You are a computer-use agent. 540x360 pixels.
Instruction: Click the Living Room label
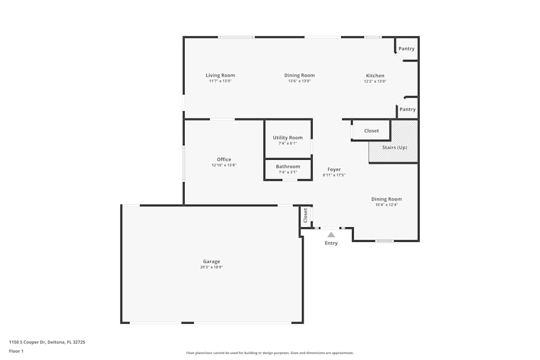[220, 76]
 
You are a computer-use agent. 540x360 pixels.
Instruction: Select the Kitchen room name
[375, 76]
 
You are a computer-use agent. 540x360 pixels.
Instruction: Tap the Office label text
[224, 159]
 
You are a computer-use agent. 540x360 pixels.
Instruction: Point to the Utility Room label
[288, 138]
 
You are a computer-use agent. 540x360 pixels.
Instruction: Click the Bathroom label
[288, 167]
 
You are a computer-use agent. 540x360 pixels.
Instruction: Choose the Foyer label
[334, 169]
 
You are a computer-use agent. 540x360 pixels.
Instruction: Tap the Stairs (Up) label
[394, 147]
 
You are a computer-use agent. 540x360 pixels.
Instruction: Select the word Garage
[212, 262]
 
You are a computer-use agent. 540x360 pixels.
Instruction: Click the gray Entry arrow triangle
[331, 235]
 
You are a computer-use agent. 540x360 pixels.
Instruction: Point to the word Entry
[331, 243]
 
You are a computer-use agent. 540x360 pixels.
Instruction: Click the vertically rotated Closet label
[306, 215]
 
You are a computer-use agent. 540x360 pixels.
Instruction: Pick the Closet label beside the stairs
[372, 131]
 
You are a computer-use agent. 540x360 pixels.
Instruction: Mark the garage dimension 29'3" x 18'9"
[212, 267]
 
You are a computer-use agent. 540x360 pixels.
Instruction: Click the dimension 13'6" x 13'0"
[300, 81]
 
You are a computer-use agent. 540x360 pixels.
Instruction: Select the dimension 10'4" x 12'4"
[387, 205]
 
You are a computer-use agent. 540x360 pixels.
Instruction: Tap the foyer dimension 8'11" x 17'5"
[334, 175]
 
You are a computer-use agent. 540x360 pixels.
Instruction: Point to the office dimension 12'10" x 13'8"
[224, 165]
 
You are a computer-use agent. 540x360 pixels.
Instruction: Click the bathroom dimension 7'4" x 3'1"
[288, 172]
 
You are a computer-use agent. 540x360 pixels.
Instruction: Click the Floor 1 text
[16, 351]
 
